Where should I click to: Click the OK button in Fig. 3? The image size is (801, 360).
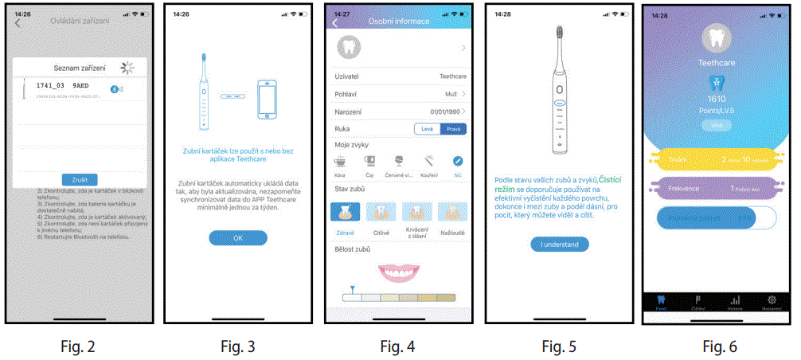tap(238, 237)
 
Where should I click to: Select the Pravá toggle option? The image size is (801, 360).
tap(453, 129)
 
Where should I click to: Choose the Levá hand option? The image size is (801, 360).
tap(428, 129)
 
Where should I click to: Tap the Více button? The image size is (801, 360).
tap(716, 125)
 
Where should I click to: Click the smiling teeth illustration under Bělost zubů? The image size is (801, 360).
tap(398, 272)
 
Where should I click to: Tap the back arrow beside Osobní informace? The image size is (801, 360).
tap(335, 22)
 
